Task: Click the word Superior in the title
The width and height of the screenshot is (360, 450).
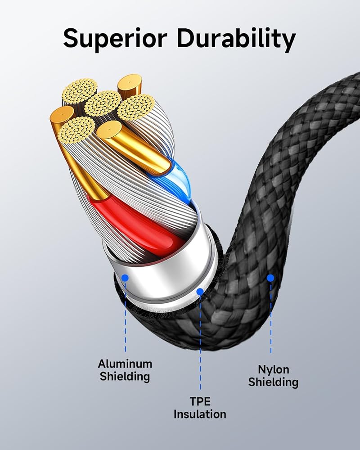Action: click(115, 38)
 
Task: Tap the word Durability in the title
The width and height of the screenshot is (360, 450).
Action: click(236, 38)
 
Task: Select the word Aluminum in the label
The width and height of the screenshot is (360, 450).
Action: click(125, 364)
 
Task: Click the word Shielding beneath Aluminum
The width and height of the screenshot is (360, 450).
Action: click(125, 376)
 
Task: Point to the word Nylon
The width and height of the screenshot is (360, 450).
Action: click(273, 369)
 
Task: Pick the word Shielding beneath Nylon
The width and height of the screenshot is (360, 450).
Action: click(273, 382)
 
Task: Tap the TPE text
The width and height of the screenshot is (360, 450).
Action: click(200, 401)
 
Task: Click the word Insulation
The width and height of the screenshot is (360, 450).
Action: click(200, 414)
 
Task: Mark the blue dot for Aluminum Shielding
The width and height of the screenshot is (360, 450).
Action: click(125, 278)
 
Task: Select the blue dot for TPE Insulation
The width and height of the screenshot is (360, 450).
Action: click(200, 292)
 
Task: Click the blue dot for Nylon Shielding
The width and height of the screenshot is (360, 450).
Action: click(270, 278)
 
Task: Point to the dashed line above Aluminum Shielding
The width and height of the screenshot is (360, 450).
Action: click(126, 316)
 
